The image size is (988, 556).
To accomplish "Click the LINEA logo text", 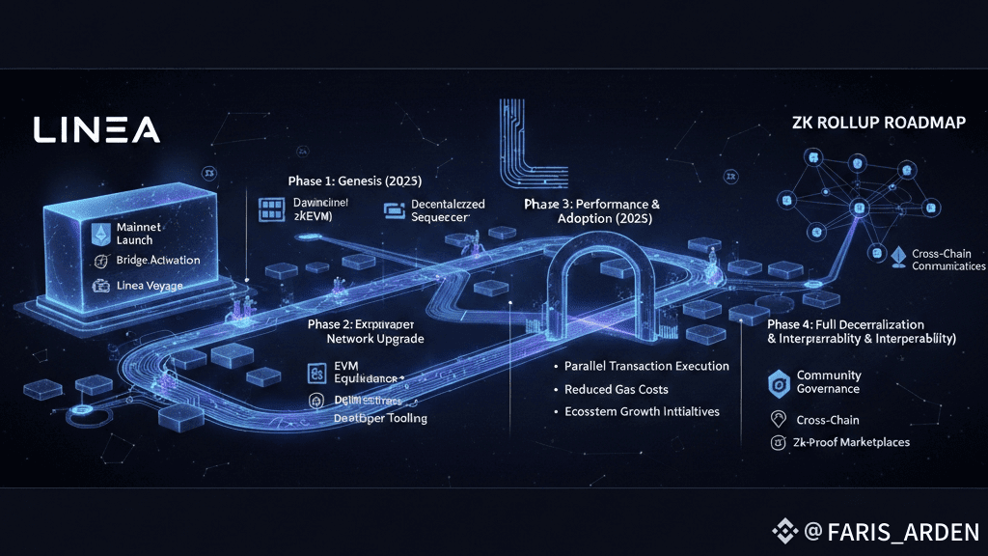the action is [97, 129].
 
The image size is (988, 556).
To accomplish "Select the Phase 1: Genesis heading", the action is [355, 181].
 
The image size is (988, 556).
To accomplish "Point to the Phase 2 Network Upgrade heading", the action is [366, 331].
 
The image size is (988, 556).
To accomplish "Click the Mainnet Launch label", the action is [141, 232].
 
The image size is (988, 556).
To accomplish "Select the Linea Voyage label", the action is [149, 286].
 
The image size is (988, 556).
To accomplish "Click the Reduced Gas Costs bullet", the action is [617, 389].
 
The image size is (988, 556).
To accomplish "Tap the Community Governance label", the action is [828, 381].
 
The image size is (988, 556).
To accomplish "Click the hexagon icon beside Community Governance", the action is [779, 382].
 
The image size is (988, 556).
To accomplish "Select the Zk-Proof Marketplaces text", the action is [853, 442].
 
